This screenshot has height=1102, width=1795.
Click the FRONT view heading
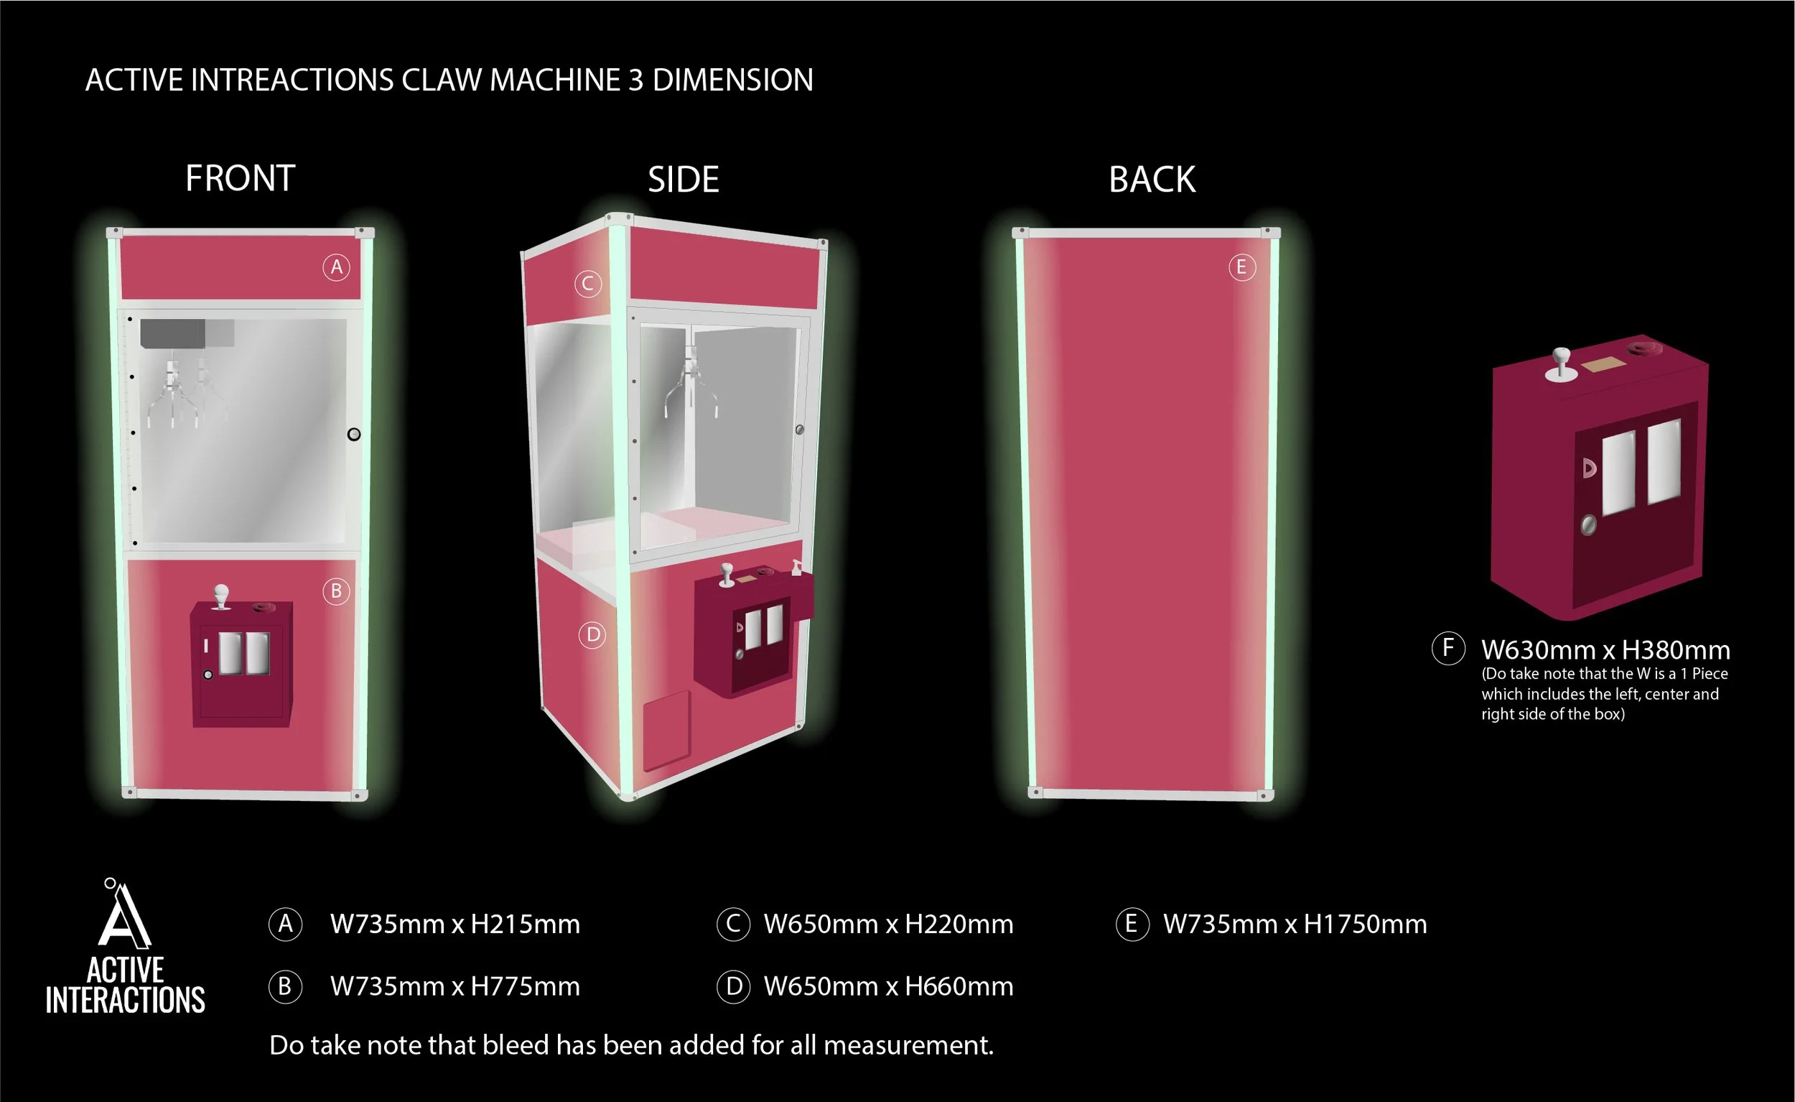point(240,179)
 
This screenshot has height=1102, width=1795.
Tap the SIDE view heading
point(684,180)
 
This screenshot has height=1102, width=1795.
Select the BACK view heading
point(1152,180)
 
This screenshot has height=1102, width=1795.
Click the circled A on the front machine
point(336,267)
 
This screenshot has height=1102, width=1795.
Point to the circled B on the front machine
point(336,591)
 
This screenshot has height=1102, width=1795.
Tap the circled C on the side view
point(588,284)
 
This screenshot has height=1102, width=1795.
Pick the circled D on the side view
point(593,635)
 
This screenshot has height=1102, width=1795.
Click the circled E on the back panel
point(1241,267)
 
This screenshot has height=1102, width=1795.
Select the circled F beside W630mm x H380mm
point(1448,647)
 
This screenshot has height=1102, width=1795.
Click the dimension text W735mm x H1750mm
point(1295,924)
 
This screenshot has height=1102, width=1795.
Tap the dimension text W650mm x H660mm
point(888,987)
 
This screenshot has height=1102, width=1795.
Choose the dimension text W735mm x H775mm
point(454,987)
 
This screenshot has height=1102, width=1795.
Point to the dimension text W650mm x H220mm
point(888,924)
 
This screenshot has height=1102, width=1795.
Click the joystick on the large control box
point(1560,363)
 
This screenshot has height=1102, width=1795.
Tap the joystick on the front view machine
point(220,596)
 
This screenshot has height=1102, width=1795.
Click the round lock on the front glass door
point(354,435)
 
